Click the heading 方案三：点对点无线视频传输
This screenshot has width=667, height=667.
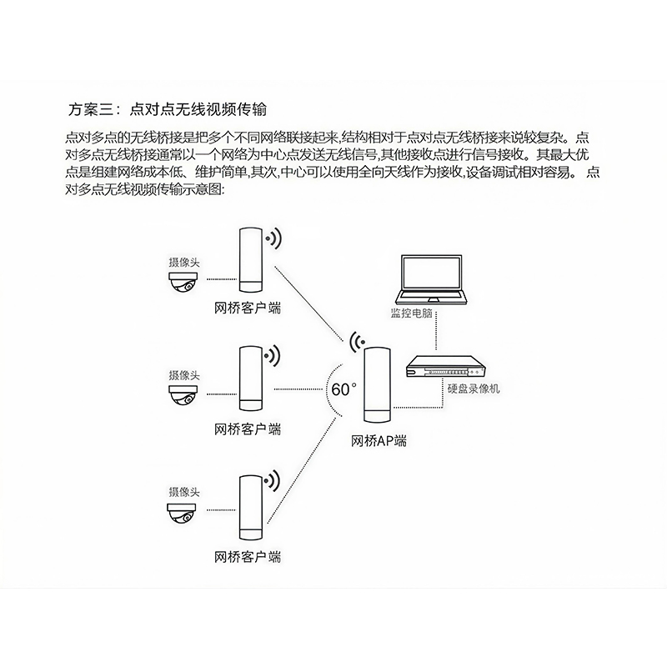pos(168,110)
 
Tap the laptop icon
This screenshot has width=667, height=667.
pos(432,279)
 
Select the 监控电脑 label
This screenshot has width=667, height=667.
pos(411,313)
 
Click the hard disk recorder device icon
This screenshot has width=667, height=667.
pos(446,366)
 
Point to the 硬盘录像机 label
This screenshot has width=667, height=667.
pos(474,389)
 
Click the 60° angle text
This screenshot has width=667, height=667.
pos(344,389)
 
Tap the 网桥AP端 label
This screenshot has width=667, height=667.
pos(379,441)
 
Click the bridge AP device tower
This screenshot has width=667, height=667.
pos(378,384)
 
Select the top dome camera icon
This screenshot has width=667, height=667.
pos(183,282)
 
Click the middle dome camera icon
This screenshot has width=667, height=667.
pos(183,394)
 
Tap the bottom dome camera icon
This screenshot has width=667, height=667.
pos(182,513)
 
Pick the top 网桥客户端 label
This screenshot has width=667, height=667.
pos(248,308)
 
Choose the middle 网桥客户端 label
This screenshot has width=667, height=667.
pos(248,429)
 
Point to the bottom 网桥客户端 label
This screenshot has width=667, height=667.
pos(248,557)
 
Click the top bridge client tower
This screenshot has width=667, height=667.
pos(252,260)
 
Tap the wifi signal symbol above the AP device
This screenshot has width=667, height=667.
pos(357,342)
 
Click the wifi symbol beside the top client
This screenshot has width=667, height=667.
pos(273,238)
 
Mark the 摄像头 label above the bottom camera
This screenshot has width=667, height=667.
pos(184,492)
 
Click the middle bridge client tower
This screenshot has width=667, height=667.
pos(252,379)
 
